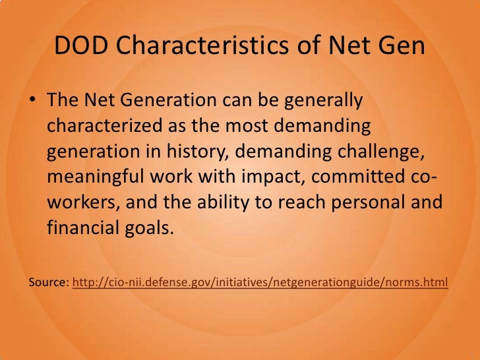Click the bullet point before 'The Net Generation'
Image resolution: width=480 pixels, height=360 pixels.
tap(32, 102)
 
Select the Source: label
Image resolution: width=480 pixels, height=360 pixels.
tap(48, 282)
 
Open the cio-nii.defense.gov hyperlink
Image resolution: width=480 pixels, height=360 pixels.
tap(260, 282)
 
